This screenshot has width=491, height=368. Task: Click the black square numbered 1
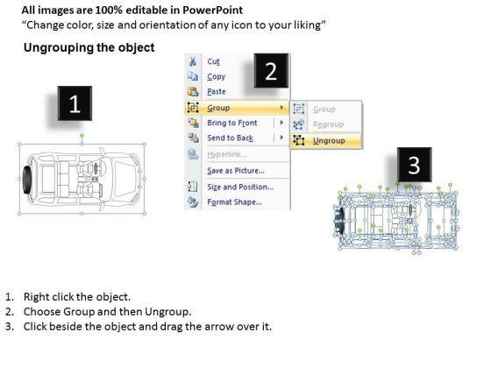tap(75, 103)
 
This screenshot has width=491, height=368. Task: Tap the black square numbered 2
tap(271, 70)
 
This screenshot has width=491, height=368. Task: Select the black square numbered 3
tap(414, 165)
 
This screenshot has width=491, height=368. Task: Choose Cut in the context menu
tap(214, 61)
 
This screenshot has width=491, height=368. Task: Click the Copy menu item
tap(216, 77)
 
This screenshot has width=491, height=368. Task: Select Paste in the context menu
tap(217, 92)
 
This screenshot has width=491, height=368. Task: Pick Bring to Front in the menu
tap(232, 123)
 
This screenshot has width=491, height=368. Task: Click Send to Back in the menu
tap(230, 138)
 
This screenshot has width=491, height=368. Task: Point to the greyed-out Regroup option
tap(328, 124)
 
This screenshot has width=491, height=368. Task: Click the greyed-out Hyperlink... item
tap(227, 154)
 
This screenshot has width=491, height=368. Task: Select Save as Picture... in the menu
tap(236, 171)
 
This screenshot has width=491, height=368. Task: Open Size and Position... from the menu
tap(240, 188)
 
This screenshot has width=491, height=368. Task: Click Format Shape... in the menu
tap(235, 202)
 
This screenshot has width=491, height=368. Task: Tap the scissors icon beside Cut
tap(193, 61)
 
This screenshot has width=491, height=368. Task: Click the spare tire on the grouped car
tap(27, 180)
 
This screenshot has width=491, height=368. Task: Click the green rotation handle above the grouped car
tap(82, 136)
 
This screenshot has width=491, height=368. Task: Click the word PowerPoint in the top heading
tap(212, 11)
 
